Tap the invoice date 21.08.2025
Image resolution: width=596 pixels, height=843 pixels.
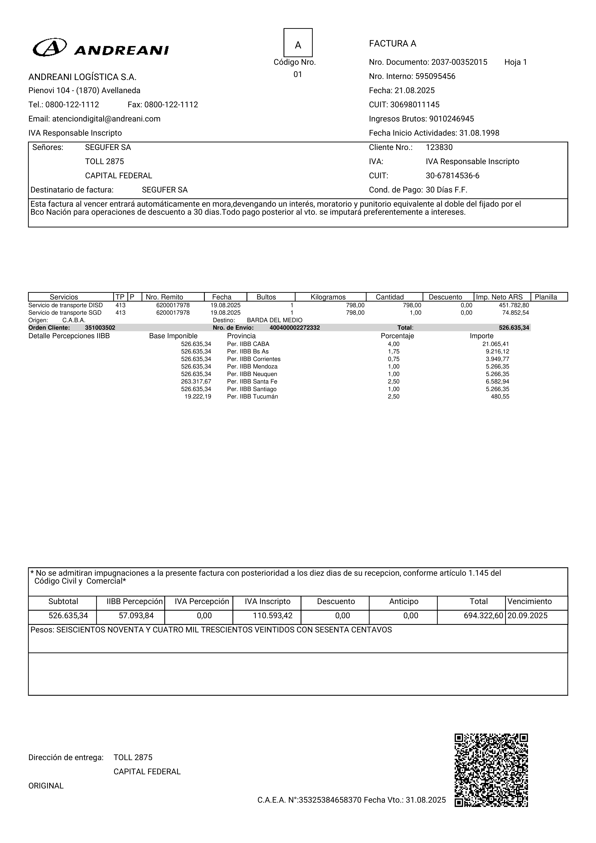(x=415, y=90)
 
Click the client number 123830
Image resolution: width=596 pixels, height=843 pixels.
(x=439, y=147)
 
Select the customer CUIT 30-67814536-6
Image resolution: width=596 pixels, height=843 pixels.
(x=452, y=176)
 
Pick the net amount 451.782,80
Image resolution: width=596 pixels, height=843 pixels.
(x=514, y=305)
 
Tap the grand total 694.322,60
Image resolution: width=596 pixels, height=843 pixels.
(x=483, y=616)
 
